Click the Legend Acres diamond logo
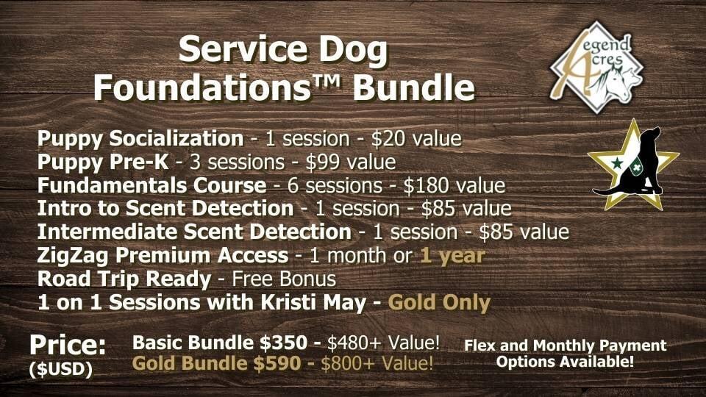pyautogui.click(x=596, y=67)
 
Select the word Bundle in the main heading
pyautogui.click(x=414, y=87)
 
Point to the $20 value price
pyautogui.click(x=416, y=139)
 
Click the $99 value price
pyautogui.click(x=351, y=162)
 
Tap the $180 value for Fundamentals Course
pyautogui.click(x=454, y=185)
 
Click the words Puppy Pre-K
pyautogui.click(x=103, y=162)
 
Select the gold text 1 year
pyautogui.click(x=452, y=256)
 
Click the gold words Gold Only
pyautogui.click(x=439, y=302)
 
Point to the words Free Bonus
pyautogui.click(x=284, y=279)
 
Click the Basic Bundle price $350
pyautogui.click(x=283, y=343)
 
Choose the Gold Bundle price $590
pyautogui.click(x=277, y=363)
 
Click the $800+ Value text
pyautogui.click(x=377, y=363)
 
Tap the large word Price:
pyautogui.click(x=68, y=346)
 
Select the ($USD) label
pyautogui.click(x=61, y=370)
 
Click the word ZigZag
pyautogui.click(x=73, y=256)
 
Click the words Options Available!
pyautogui.click(x=565, y=362)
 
